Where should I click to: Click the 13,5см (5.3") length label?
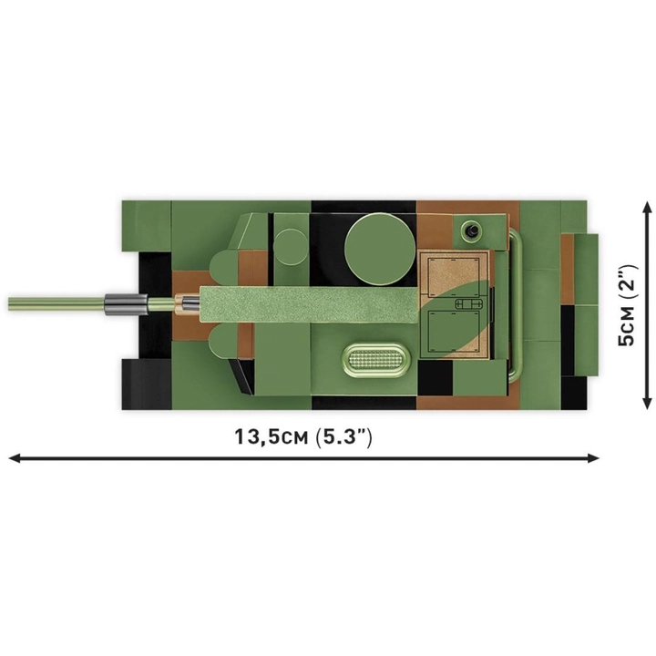coord(302,436)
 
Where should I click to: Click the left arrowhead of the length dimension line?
coord(15,458)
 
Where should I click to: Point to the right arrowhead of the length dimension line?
coord(593,458)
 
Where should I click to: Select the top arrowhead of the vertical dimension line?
coord(647,208)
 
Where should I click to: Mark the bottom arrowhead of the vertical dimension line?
coord(647,403)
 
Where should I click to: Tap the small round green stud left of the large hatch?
coord(292,247)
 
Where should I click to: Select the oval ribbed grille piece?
coord(374,359)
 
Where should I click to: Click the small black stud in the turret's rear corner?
coord(473,230)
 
